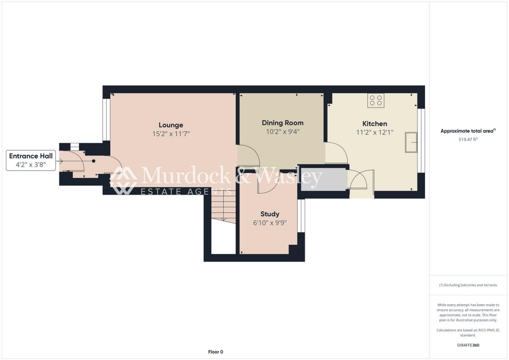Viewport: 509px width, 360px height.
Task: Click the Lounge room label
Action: pyautogui.click(x=171, y=125)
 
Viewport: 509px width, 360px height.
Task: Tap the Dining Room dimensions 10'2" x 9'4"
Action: pyautogui.click(x=282, y=132)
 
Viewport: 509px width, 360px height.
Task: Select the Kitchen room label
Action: pyautogui.click(x=375, y=123)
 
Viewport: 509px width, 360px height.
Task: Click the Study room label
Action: pyautogui.click(x=270, y=214)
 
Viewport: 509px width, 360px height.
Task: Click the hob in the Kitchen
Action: pyautogui.click(x=375, y=100)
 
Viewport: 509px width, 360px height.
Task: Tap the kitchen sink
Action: pyautogui.click(x=411, y=142)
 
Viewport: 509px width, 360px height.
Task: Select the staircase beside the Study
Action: pyautogui.click(x=222, y=208)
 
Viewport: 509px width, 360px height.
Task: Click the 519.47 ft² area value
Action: pyautogui.click(x=468, y=140)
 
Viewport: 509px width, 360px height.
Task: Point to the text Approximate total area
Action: pyautogui.click(x=467, y=131)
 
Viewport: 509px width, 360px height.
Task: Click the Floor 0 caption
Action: pyautogui.click(x=215, y=352)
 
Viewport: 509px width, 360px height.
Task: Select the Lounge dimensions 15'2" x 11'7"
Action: pyautogui.click(x=171, y=134)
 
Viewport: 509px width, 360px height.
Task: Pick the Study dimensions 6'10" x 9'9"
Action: pyautogui.click(x=270, y=223)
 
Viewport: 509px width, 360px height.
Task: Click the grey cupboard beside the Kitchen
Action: pyautogui.click(x=324, y=180)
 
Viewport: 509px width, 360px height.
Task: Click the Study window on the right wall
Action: pyautogui.click(x=300, y=215)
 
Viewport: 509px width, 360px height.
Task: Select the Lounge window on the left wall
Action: pyautogui.click(x=105, y=120)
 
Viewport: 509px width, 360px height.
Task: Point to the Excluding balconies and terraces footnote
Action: pyautogui.click(x=468, y=285)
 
